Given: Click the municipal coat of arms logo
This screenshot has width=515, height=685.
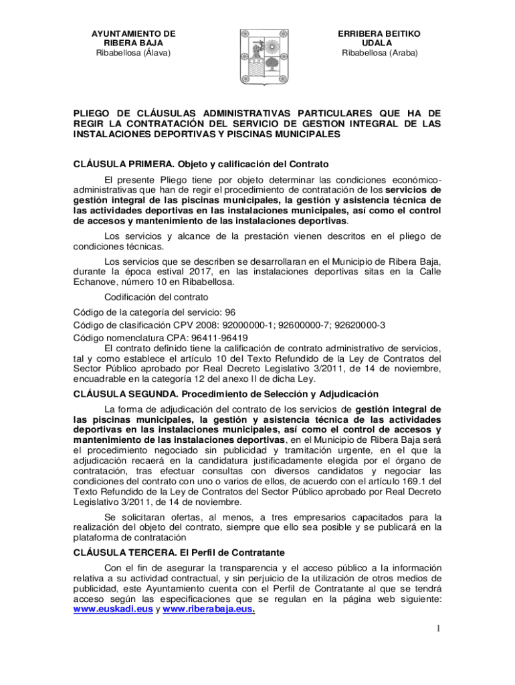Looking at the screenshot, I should (x=257, y=58).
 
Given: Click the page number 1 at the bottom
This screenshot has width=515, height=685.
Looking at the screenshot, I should (x=437, y=629).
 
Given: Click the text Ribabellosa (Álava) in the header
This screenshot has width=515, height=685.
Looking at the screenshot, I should (x=133, y=53).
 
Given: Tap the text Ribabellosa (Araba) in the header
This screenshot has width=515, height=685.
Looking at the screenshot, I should (x=379, y=53).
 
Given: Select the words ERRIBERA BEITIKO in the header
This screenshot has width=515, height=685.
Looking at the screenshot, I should (x=379, y=33).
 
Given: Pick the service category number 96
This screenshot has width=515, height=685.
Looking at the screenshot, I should (x=230, y=312).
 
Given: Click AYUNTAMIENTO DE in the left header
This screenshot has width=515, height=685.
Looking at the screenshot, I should (x=133, y=33).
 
